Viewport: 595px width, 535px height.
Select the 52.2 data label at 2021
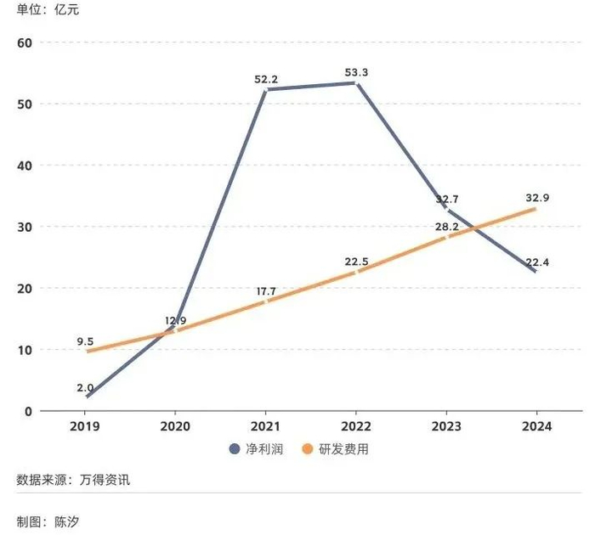(x=266, y=79)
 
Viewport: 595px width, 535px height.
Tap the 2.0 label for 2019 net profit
(x=85, y=387)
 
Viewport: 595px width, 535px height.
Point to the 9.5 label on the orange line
(x=85, y=343)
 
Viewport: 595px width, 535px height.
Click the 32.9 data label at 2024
(x=537, y=198)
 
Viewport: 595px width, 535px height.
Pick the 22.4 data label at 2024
(x=537, y=262)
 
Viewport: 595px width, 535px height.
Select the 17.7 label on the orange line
(x=266, y=291)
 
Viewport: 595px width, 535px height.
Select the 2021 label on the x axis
(x=266, y=426)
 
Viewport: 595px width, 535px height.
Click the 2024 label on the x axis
(x=535, y=426)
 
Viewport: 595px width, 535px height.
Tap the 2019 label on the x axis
(x=87, y=426)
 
